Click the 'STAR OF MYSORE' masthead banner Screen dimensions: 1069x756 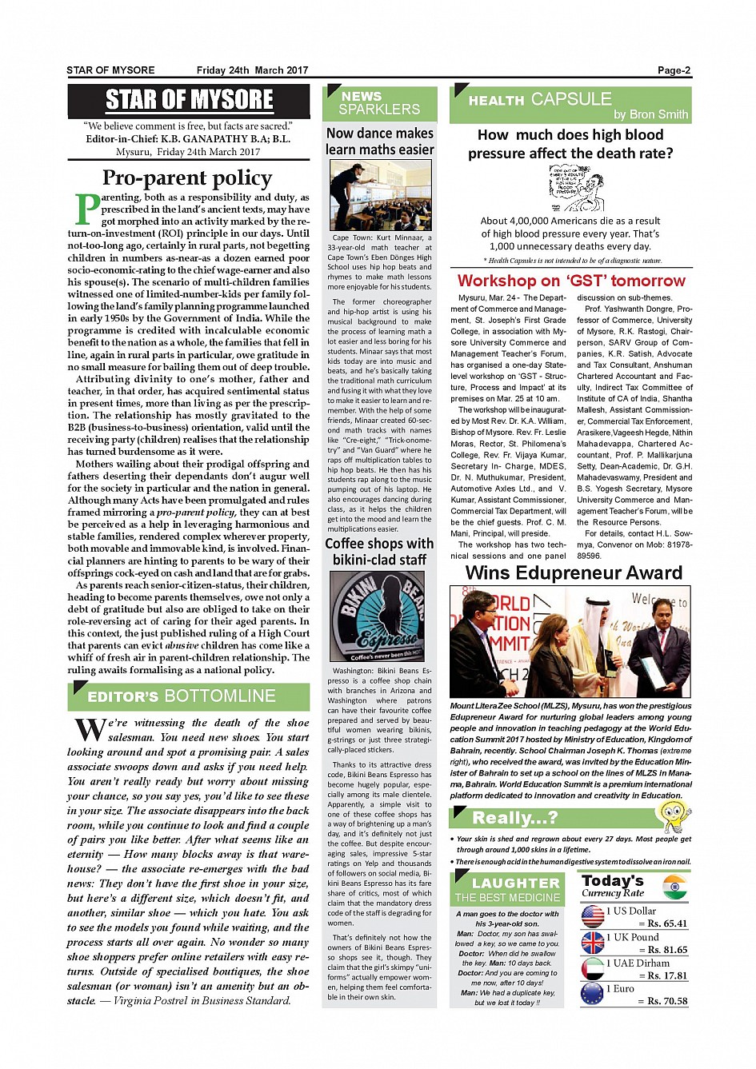(189, 101)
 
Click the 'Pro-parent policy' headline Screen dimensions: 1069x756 (187, 178)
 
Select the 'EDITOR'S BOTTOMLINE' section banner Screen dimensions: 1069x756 (189, 696)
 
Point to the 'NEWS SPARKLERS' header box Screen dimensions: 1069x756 (379, 103)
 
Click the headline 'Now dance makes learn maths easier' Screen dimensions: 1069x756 (380, 142)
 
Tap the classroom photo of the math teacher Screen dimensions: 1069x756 (380, 195)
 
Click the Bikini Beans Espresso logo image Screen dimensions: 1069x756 (380, 616)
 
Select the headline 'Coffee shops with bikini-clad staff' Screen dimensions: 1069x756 (380, 552)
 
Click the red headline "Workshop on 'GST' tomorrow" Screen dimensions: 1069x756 (571, 281)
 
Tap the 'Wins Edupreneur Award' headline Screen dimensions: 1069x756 (574, 572)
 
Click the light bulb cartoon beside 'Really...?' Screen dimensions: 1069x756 (673, 816)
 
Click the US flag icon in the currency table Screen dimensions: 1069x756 (593, 916)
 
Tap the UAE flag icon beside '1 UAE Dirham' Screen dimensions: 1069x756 (593, 968)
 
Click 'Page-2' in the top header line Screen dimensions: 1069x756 (674, 70)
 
